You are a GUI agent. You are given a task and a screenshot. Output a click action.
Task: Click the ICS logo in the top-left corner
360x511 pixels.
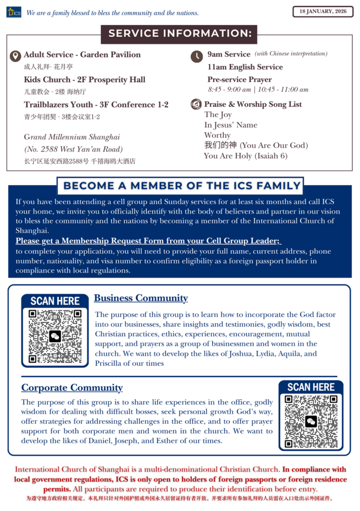click(x=13, y=12)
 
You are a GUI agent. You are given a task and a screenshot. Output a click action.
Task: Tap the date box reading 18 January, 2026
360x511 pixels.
click(x=322, y=11)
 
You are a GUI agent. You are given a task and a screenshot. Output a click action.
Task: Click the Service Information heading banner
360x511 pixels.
click(x=179, y=34)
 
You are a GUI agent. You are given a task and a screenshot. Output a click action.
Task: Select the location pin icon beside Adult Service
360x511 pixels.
click(x=15, y=55)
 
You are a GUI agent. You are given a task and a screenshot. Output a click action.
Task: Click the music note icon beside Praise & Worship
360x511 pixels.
click(x=196, y=104)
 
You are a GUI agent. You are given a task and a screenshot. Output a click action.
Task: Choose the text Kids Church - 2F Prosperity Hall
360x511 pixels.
click(x=84, y=79)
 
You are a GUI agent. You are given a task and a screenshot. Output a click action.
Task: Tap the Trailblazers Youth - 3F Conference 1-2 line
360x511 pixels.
click(x=96, y=104)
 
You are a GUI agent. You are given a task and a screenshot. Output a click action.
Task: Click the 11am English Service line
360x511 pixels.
click(x=245, y=67)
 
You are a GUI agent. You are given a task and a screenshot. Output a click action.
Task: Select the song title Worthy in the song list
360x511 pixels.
click(x=217, y=135)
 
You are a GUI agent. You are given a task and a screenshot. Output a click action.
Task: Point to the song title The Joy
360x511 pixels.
click(x=218, y=115)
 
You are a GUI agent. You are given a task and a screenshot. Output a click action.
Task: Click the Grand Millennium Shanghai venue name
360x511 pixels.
click(x=72, y=137)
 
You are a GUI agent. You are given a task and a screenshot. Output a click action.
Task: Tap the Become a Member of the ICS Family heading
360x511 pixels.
click(x=182, y=186)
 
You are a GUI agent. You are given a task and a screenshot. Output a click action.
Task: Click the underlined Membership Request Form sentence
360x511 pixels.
click(x=148, y=241)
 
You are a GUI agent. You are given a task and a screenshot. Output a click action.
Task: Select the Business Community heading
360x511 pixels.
click(x=141, y=298)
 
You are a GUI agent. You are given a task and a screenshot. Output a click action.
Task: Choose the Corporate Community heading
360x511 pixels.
click(x=72, y=388)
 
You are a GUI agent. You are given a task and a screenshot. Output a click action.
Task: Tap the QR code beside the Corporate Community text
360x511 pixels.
click(x=311, y=421)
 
